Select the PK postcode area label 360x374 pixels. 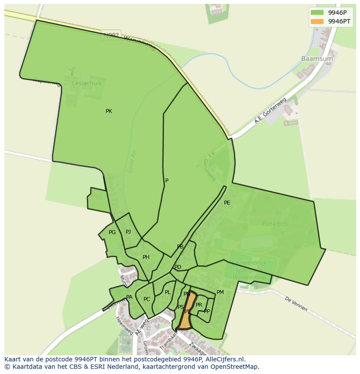coord(109,111)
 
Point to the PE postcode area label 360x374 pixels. coord(227,202)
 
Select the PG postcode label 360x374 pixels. coord(112,232)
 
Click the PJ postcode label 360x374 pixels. coord(128,232)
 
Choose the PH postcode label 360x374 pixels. coord(146,257)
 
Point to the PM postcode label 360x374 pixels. coord(220,292)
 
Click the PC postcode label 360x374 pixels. coord(147,299)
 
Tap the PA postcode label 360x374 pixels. coord(129,297)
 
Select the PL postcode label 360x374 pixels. coord(168,292)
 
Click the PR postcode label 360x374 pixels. coord(199,305)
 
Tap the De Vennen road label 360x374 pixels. coord(297,304)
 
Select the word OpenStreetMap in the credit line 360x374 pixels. coord(236,367)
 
